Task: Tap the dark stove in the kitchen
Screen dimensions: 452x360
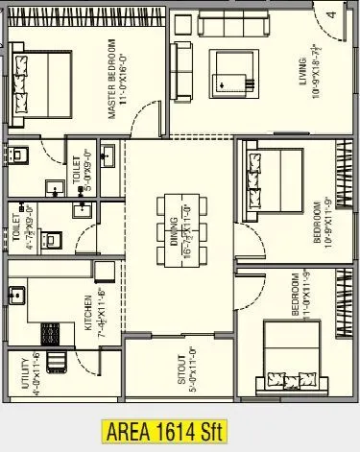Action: (48, 332)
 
